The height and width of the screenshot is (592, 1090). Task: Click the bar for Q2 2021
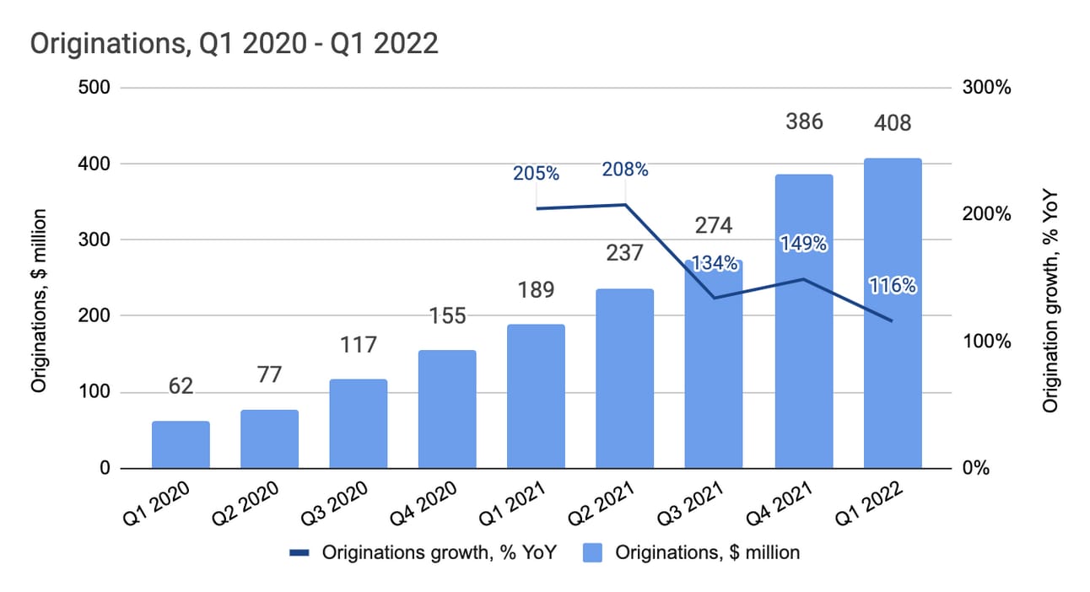tap(624, 379)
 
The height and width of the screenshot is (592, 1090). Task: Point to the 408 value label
tap(892, 123)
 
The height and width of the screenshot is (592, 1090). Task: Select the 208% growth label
tap(624, 170)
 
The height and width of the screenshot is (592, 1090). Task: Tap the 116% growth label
tap(893, 286)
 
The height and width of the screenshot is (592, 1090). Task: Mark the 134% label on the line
tap(715, 263)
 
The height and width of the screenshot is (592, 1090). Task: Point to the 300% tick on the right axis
tap(986, 88)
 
